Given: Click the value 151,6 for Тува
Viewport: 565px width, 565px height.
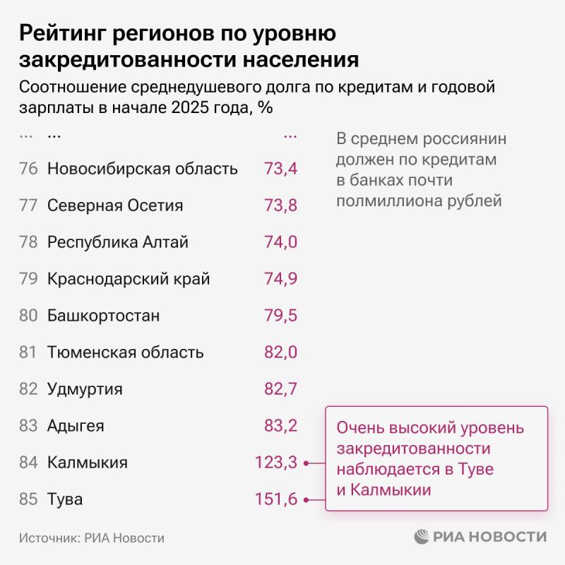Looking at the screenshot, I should [x=275, y=500].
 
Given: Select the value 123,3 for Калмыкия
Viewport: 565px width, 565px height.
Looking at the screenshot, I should [x=275, y=463].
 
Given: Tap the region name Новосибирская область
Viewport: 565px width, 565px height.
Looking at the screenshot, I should [x=142, y=169].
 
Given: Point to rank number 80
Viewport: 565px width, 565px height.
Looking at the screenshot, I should [x=28, y=316].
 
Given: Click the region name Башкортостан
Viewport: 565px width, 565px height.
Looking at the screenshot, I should [x=103, y=316].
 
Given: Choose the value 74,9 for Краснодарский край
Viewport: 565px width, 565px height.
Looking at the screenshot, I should [x=280, y=279].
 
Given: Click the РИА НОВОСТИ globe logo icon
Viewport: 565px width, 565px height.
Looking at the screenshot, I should [x=422, y=537].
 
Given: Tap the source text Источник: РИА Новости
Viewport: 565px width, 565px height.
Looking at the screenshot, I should [x=92, y=538].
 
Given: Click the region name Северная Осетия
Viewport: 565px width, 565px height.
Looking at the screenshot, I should [x=115, y=206].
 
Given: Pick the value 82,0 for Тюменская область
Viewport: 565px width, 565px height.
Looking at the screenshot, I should [x=280, y=352].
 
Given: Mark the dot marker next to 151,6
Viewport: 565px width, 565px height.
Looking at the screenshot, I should [x=306, y=500].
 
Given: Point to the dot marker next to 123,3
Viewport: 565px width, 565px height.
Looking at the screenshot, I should [x=306, y=463].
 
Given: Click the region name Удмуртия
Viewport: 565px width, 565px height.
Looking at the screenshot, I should [x=85, y=389].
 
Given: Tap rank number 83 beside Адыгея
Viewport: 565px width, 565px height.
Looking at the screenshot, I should [x=28, y=426].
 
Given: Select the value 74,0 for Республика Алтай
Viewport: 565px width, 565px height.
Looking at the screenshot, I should [x=280, y=242].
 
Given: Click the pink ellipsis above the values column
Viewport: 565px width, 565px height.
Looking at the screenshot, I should [x=290, y=134].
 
